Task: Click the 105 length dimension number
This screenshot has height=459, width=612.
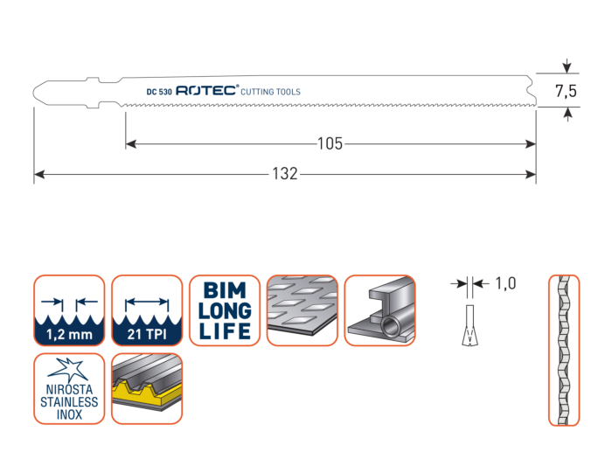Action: pyautogui.click(x=330, y=144)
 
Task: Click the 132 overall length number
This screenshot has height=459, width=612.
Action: pyautogui.click(x=286, y=174)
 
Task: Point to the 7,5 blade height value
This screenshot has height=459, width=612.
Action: pyautogui.click(x=567, y=89)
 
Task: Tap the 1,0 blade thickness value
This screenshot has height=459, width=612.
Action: pyautogui.click(x=505, y=283)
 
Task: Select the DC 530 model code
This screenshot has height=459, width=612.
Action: pyautogui.click(x=159, y=91)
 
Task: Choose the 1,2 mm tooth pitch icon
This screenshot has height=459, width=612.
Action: pyautogui.click(x=68, y=310)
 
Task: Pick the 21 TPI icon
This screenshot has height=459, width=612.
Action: pyautogui.click(x=146, y=310)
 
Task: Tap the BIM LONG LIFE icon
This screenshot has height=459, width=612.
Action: pyautogui.click(x=225, y=310)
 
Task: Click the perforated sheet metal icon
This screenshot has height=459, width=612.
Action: pyautogui.click(x=303, y=310)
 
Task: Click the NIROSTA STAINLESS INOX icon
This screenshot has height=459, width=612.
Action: pyautogui.click(x=68, y=388)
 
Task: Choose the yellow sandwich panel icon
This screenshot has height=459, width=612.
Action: pyautogui.click(x=146, y=388)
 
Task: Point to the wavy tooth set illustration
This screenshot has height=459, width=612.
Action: pyautogui.click(x=563, y=350)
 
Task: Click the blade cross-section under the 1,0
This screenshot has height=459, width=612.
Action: pyautogui.click(x=470, y=323)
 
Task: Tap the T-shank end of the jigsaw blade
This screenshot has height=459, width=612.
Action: pyautogui.click(x=70, y=90)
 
